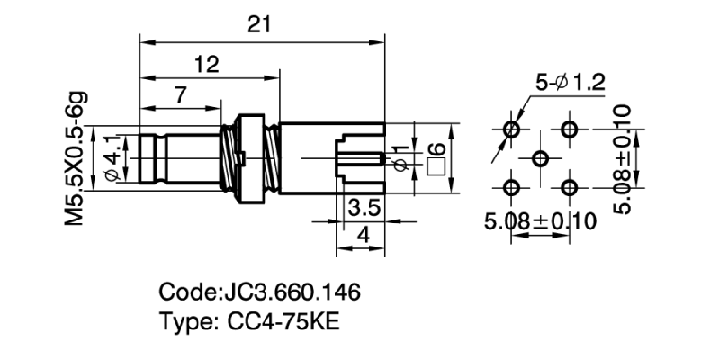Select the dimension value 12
point(206,64)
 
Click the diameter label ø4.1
point(112,158)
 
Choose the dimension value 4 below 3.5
point(362,237)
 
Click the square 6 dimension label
point(438,157)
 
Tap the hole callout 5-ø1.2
point(570,84)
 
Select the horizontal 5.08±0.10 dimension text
point(540,221)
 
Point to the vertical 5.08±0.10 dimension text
point(628,158)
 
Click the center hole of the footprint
point(540,158)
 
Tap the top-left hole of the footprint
point(512,130)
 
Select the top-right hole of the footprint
point(569,130)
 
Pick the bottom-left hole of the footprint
point(512,187)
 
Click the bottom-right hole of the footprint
point(569,187)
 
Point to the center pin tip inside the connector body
point(384,159)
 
